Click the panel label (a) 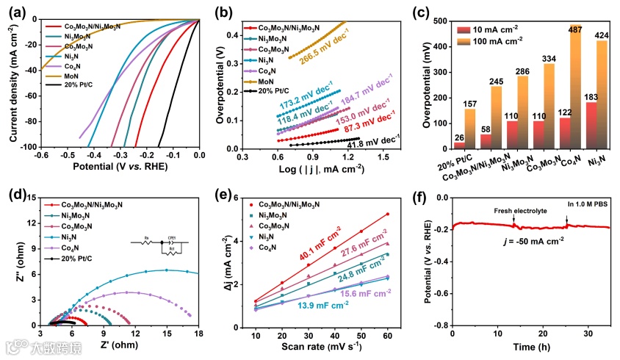(18, 12)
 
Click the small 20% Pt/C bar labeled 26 (460, 145)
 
